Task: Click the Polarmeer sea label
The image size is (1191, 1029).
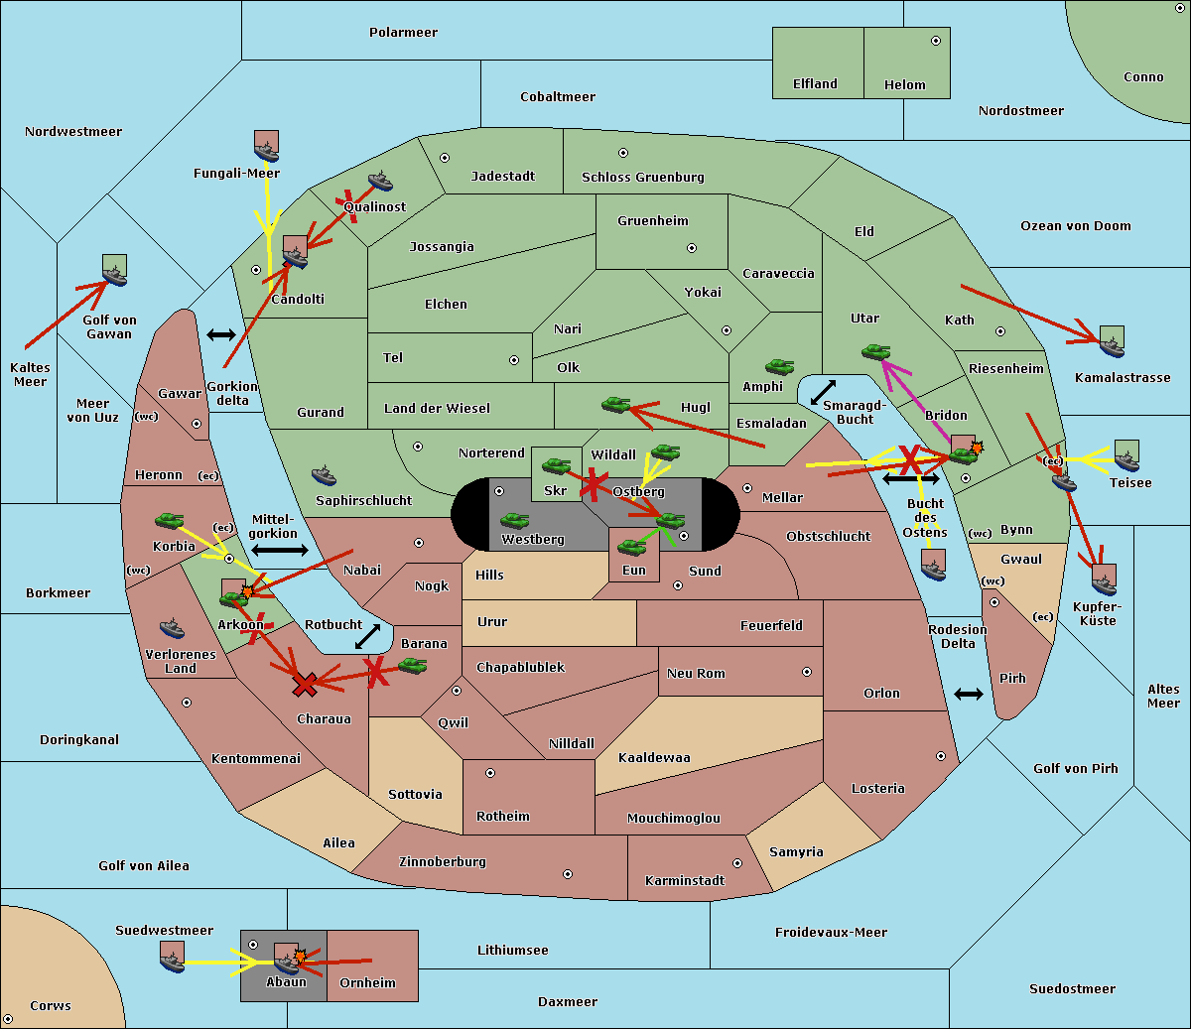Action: click(403, 33)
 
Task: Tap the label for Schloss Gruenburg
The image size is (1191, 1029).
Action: click(643, 177)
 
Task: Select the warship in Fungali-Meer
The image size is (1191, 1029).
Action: click(267, 152)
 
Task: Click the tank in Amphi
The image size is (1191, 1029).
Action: click(779, 366)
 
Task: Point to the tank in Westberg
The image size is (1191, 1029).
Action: click(514, 521)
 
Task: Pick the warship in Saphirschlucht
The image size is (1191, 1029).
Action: click(324, 475)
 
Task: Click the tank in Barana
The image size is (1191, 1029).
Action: click(413, 666)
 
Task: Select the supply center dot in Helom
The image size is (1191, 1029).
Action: click(936, 41)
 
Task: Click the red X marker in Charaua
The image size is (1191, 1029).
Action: click(305, 685)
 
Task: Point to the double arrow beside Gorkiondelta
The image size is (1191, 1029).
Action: click(221, 334)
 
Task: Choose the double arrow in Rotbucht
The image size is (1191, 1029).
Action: click(367, 637)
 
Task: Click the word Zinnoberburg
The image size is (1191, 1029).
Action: click(443, 862)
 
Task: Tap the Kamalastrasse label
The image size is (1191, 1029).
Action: click(1123, 378)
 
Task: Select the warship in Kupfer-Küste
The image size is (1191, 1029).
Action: click(1104, 584)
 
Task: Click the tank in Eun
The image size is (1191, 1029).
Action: click(631, 547)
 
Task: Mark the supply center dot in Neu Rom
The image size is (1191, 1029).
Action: click(807, 672)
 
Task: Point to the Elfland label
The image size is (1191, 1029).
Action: click(815, 84)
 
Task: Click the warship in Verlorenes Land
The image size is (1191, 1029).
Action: click(172, 628)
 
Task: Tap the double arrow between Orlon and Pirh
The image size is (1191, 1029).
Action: click(969, 695)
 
